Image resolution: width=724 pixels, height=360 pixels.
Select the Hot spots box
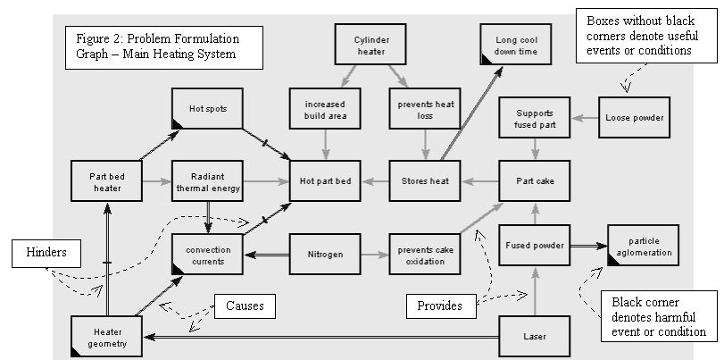tap(203, 109)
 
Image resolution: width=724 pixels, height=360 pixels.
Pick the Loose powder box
tap(636, 118)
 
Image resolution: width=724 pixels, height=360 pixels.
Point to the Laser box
tap(533, 337)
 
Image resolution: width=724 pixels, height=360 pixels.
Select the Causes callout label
tap(244, 307)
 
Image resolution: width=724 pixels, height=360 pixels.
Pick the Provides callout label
tap(441, 306)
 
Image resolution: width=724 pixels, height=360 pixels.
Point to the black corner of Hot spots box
tap(178, 123)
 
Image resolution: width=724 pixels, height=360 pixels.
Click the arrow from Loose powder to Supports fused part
tap(585, 118)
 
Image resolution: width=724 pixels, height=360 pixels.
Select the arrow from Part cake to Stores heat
tap(479, 181)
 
